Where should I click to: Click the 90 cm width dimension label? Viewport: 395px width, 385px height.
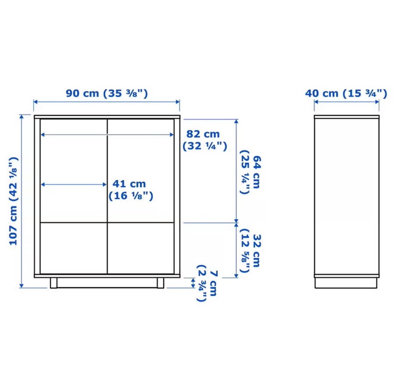tap(107, 93)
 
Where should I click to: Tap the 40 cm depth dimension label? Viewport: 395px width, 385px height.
tap(346, 93)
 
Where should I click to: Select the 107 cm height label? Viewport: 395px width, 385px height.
tap(14, 201)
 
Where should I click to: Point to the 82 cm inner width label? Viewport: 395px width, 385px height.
tap(205, 140)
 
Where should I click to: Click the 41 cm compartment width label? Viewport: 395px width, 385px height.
tap(131, 190)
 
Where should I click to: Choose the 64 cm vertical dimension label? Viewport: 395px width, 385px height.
tap(250, 172)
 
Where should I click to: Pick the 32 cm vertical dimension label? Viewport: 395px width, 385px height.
tap(250, 251)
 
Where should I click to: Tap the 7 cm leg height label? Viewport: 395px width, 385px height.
tap(207, 283)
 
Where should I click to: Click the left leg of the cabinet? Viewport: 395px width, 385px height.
tap(53, 283)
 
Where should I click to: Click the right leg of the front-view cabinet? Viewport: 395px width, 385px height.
tap(160, 283)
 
